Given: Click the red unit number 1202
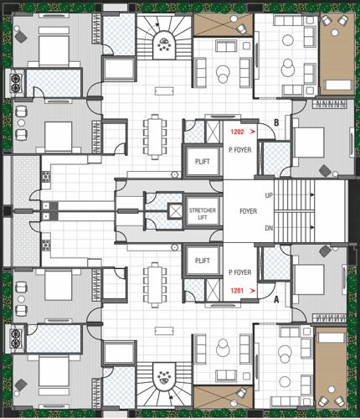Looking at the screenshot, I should click(236, 132).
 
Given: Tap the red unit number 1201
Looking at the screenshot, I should click(237, 291).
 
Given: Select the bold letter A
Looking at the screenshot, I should click(275, 298).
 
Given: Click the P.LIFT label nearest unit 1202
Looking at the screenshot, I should click(202, 162).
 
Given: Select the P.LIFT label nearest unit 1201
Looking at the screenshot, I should click(202, 261).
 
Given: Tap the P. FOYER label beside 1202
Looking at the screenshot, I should click(241, 150).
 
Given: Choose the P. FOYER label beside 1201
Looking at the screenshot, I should click(241, 273).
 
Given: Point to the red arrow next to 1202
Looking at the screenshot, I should click(251, 132).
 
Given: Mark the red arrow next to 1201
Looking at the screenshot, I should click(251, 291).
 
